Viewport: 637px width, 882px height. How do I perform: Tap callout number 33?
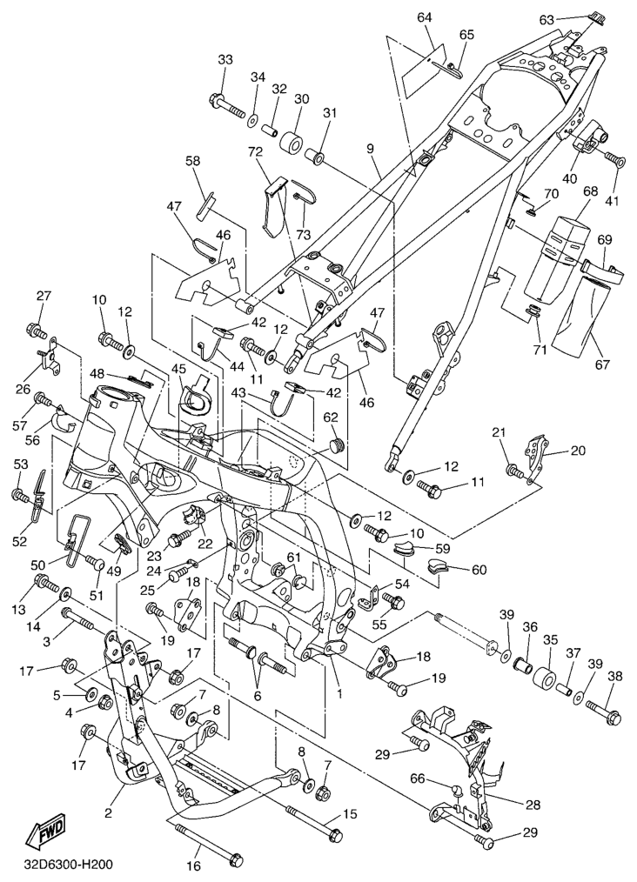tap(225, 60)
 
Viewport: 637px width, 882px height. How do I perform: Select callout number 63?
tap(546, 20)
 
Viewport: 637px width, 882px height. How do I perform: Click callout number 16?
tap(193, 866)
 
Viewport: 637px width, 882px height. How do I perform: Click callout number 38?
tap(615, 677)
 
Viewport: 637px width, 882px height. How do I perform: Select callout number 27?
tap(44, 296)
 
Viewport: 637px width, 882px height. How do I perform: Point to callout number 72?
tap(256, 151)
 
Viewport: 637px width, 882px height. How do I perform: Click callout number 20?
tap(578, 450)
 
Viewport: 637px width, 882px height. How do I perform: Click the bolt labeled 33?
tap(230, 106)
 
